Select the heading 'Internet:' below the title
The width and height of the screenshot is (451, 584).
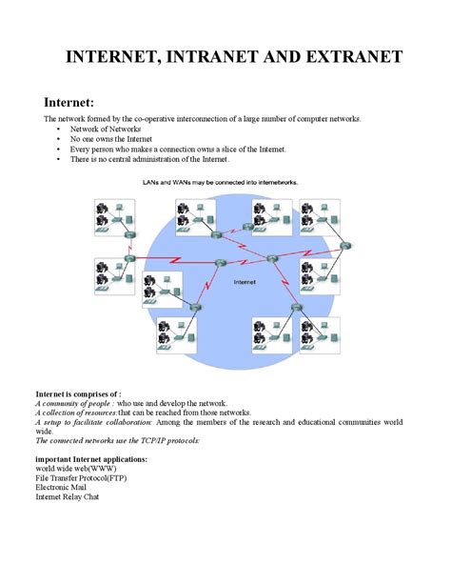[x=72, y=102]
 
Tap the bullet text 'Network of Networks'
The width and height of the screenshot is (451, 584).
[x=107, y=129]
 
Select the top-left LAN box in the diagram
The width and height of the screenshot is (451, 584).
[x=113, y=217]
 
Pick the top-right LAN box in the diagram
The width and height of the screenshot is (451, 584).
[x=322, y=217]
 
